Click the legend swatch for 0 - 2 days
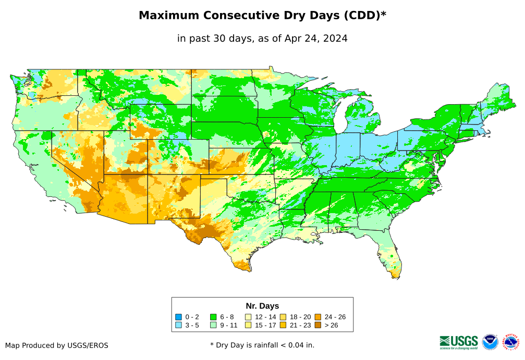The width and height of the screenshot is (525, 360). coord(179,317)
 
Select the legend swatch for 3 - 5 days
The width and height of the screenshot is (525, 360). coord(179,325)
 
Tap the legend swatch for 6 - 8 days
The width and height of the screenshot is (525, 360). coord(213,317)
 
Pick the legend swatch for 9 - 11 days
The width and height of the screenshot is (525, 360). coord(213,325)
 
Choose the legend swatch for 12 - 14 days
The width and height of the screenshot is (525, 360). coord(248,317)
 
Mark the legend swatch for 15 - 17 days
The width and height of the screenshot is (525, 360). coord(248,325)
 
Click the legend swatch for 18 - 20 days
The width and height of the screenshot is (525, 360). coord(283,317)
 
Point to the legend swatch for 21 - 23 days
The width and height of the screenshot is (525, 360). coord(283,325)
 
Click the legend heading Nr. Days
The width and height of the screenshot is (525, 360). coord(262,306)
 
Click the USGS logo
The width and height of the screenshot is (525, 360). coord(459,342)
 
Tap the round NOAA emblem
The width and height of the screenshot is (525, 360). coord(490,342)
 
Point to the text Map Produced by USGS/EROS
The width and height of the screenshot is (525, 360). coord(57,345)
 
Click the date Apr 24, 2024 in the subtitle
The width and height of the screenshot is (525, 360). coord(316,39)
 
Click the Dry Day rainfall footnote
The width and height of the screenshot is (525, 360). coord(262,345)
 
